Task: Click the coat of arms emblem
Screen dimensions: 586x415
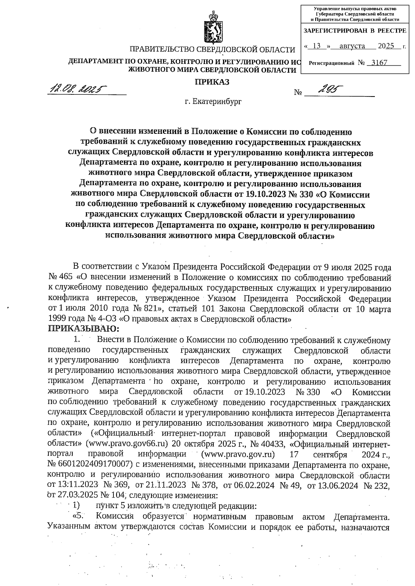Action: (x=212, y=28)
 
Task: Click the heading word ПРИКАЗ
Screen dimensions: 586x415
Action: (x=212, y=82)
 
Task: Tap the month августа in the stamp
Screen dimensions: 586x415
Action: (x=352, y=46)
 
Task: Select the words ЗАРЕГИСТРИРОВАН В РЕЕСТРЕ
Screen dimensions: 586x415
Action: (x=355, y=31)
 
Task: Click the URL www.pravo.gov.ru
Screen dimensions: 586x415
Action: (x=238, y=454)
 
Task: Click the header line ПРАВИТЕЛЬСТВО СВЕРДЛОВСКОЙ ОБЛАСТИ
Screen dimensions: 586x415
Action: (x=212, y=50)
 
